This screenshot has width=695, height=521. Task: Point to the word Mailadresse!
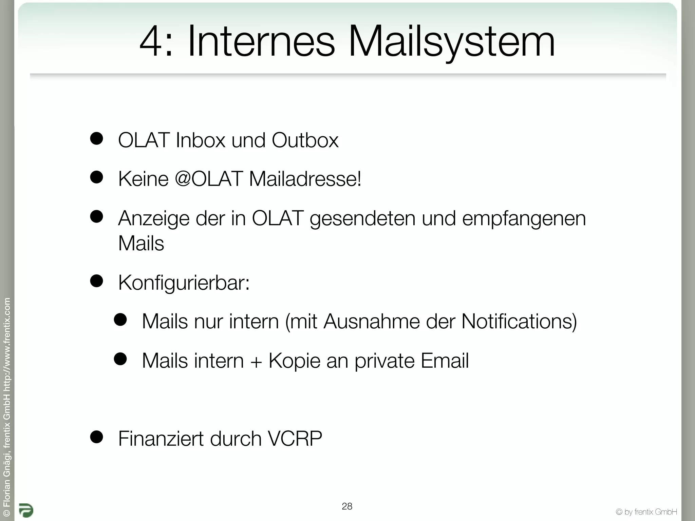[x=305, y=179]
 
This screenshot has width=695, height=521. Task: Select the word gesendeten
[x=362, y=219]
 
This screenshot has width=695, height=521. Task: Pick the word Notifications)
[x=519, y=321]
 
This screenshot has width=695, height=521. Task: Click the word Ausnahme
[x=372, y=321]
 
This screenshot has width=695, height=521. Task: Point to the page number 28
[x=347, y=506]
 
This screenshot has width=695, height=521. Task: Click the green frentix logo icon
[x=26, y=510]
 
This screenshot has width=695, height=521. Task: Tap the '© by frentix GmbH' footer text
[x=646, y=512]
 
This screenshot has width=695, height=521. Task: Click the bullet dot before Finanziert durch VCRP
[x=97, y=437]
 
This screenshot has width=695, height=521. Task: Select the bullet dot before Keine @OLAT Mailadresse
[x=97, y=177]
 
